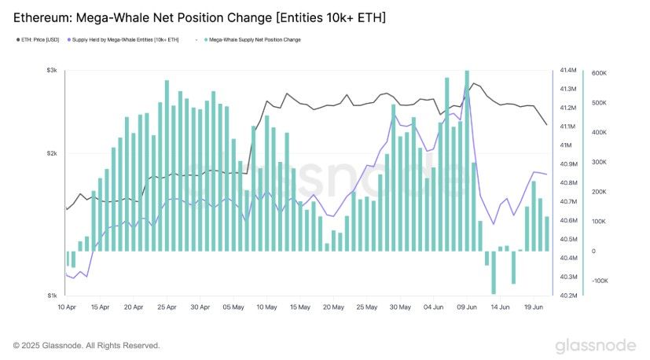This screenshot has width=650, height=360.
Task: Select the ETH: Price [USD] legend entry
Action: click(x=38, y=40)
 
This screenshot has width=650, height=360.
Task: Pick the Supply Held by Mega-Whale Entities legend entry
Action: click(x=123, y=40)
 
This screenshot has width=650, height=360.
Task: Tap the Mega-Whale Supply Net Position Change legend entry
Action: click(x=252, y=40)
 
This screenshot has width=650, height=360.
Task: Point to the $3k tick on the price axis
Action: click(x=52, y=70)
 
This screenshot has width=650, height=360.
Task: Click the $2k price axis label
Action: click(x=52, y=153)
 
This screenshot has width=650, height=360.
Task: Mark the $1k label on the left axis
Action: click(x=52, y=296)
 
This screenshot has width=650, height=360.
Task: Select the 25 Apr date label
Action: click(x=167, y=307)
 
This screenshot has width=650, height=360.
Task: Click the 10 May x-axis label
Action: click(x=266, y=307)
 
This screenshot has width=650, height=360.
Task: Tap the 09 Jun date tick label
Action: click(x=467, y=307)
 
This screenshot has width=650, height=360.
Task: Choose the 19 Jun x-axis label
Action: click(x=534, y=307)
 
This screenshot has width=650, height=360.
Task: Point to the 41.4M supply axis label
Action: click(x=568, y=70)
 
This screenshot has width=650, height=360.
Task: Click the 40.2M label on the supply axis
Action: click(x=568, y=296)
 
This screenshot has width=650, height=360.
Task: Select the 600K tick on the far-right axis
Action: click(x=599, y=73)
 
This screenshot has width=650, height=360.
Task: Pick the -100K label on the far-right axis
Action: click(x=600, y=281)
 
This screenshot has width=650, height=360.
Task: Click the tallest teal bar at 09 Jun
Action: click(x=467, y=161)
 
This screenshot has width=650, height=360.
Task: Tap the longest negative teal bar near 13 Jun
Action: click(x=494, y=273)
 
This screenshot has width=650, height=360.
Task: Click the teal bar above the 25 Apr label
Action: click(x=167, y=166)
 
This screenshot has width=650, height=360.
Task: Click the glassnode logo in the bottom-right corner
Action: click(x=596, y=346)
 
